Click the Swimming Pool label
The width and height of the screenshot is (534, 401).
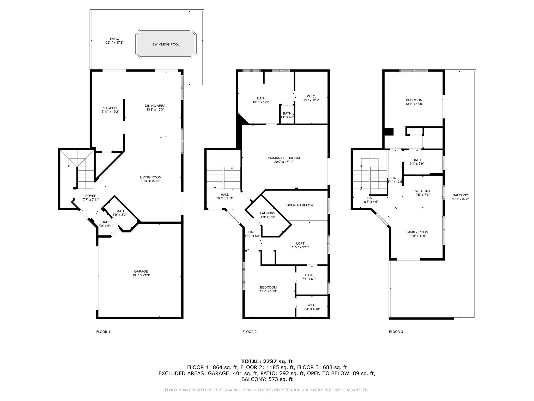point(166,44)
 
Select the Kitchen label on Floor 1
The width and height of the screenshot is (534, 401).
point(110,108)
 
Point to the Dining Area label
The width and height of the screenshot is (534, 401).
point(155,106)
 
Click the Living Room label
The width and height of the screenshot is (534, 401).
point(151,177)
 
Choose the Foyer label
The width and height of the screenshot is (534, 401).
point(91,196)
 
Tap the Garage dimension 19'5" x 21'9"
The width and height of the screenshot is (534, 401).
point(141,275)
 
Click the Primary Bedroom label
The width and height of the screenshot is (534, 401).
point(284,158)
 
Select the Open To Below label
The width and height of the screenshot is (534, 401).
point(300,205)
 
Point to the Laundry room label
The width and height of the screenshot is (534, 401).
point(268,213)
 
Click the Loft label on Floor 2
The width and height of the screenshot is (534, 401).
point(300,244)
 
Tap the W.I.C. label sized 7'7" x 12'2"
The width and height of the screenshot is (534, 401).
point(311,96)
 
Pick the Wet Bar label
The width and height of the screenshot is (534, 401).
point(423,191)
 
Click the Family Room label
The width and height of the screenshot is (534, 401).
point(417,232)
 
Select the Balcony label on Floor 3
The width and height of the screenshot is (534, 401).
point(460,195)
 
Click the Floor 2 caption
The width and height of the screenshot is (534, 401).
point(250,332)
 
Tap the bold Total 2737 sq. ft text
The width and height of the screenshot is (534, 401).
point(267,362)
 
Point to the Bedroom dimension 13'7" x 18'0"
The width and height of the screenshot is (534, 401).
point(414,104)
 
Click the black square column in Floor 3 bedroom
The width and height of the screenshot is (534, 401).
point(389,132)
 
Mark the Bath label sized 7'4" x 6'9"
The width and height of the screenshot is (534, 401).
point(309,275)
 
